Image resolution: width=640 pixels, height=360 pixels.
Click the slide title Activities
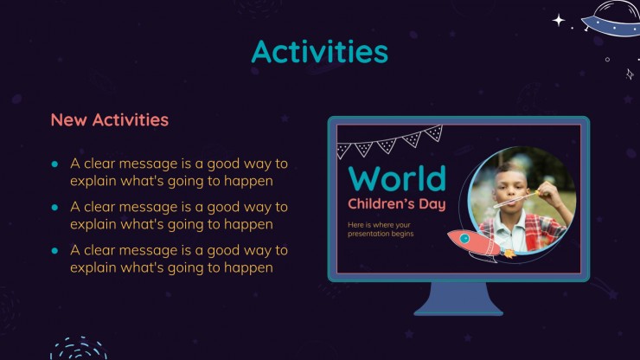[320, 51]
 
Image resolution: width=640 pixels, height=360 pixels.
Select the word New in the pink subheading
[68, 120]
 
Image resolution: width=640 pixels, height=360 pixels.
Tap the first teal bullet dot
[54, 164]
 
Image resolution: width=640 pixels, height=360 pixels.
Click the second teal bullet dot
[54, 208]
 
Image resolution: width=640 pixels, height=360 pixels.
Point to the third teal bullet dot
[54, 251]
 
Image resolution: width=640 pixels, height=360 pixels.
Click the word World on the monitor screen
[397, 178]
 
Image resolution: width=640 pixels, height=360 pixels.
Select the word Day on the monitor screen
[432, 204]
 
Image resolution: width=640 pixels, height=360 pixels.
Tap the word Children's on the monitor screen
[381, 203]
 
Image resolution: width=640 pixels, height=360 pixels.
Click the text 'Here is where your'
[379, 225]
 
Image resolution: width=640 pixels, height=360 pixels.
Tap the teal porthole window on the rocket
[464, 238]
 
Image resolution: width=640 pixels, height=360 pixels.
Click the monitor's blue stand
[458, 299]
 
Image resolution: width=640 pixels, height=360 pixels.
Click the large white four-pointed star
[559, 20]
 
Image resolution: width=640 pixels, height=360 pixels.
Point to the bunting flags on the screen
[390, 142]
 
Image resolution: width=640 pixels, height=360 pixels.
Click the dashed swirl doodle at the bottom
[79, 349]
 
